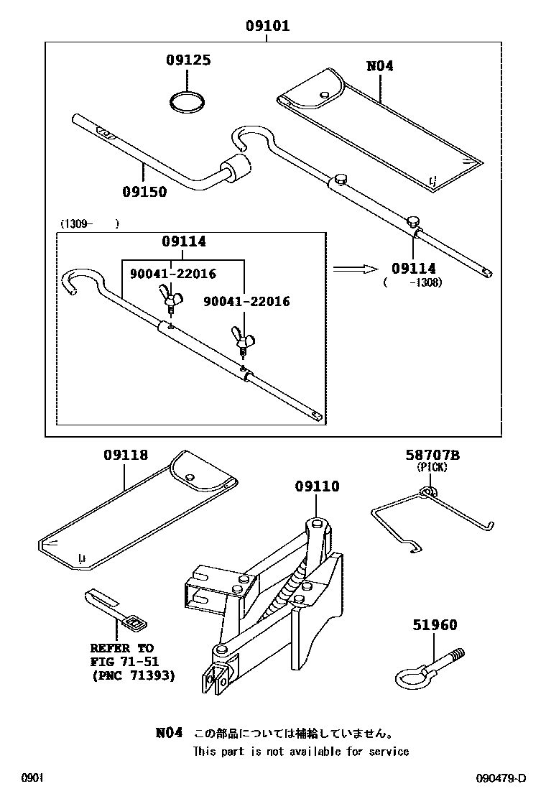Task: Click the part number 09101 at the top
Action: click(x=267, y=27)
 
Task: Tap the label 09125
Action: click(x=188, y=60)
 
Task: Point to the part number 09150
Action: click(x=144, y=191)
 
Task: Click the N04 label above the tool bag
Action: click(x=380, y=66)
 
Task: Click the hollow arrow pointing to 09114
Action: click(x=355, y=268)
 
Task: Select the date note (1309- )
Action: click(x=89, y=223)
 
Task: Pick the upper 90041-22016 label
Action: click(x=172, y=274)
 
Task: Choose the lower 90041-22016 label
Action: click(x=246, y=302)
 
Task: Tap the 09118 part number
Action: click(x=125, y=455)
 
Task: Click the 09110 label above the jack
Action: click(x=317, y=486)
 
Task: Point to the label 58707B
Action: click(x=432, y=455)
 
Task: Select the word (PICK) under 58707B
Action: click(x=432, y=467)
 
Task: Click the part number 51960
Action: click(x=434, y=625)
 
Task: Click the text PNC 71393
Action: click(x=134, y=675)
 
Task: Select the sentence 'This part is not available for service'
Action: click(x=300, y=752)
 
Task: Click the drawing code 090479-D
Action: click(x=501, y=778)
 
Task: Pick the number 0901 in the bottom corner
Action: click(x=32, y=778)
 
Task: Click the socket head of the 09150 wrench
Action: click(x=237, y=170)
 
